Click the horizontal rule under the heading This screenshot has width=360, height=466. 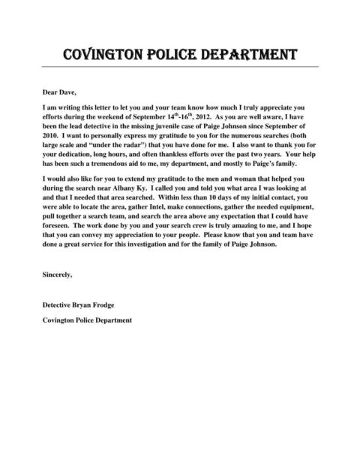click(180, 67)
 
